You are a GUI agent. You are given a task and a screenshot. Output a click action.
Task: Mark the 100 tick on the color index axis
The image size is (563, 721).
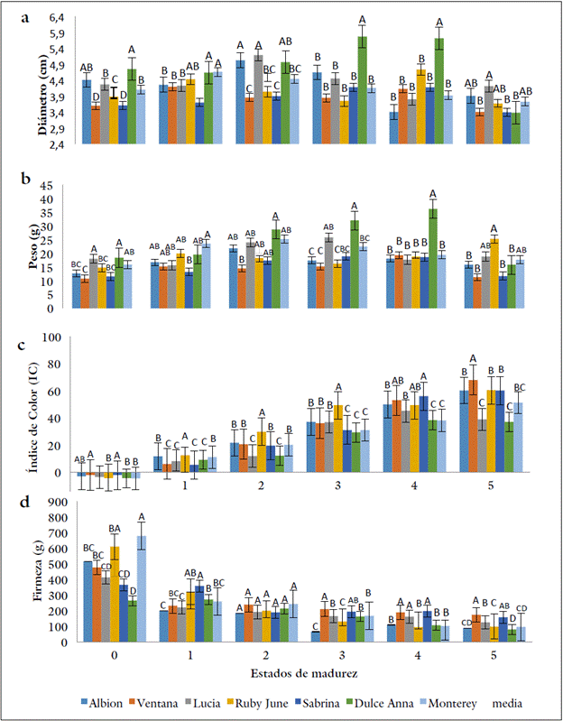click(x=56, y=337)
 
